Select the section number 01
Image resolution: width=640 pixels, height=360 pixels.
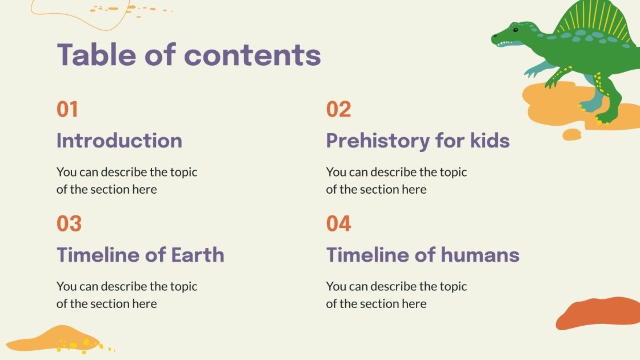pos(67,109)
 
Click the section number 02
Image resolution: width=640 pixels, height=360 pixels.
pos(338,109)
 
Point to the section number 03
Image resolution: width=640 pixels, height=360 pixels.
pos(69,223)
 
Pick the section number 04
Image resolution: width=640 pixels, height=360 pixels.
pos(338,223)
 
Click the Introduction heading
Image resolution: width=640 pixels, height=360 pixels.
pos(119,141)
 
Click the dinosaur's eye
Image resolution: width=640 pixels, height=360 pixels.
pos(515,29)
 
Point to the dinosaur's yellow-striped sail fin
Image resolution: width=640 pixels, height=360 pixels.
pos(589,20)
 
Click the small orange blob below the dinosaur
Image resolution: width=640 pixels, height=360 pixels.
pos(571,135)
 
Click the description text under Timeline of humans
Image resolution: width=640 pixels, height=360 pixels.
pos(397,295)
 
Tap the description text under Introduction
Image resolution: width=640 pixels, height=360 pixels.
pos(127,181)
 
